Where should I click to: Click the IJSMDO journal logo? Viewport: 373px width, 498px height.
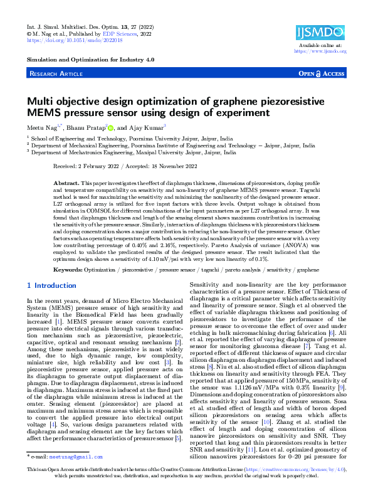321,32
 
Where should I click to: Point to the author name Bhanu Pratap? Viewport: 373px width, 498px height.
87,127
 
